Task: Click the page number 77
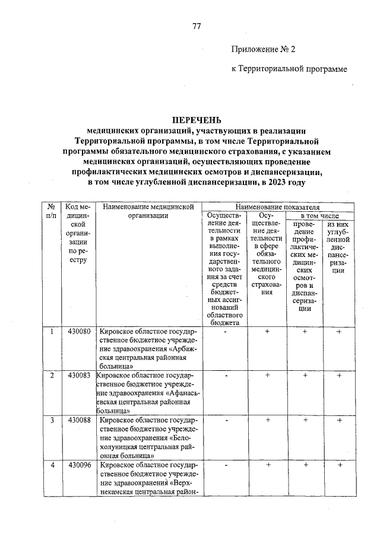(x=197, y=27)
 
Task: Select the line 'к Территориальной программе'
(x=289, y=69)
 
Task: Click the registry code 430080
(x=79, y=332)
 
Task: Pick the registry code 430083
(x=79, y=376)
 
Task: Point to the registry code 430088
(x=79, y=421)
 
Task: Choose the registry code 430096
(x=79, y=465)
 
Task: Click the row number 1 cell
(x=52, y=332)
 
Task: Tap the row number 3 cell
(x=52, y=421)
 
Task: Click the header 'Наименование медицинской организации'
(x=148, y=211)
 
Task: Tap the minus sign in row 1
(x=226, y=332)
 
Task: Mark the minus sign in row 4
(x=226, y=465)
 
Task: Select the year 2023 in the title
(x=279, y=182)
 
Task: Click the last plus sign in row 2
(x=339, y=376)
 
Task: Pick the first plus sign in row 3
(x=267, y=421)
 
